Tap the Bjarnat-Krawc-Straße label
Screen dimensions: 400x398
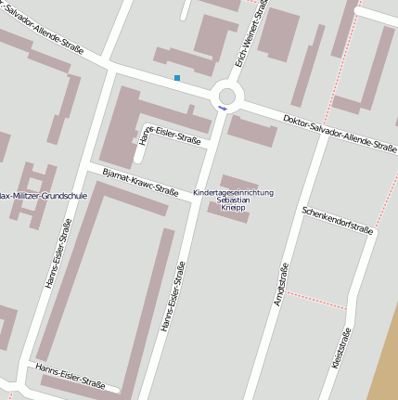pos(140,183)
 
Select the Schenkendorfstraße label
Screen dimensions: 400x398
pos(337,220)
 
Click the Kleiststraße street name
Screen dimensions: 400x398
pos(340,348)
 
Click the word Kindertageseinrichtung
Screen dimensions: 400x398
pos(233,192)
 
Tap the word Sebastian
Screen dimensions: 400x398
pos(233,200)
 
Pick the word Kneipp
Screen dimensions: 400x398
pos(233,209)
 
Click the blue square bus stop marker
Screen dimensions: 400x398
pos(177,78)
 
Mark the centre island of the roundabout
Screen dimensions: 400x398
pos(226,95)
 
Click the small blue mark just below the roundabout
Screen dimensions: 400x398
pos(222,110)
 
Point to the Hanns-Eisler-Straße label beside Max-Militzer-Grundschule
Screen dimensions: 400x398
pos(58,253)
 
